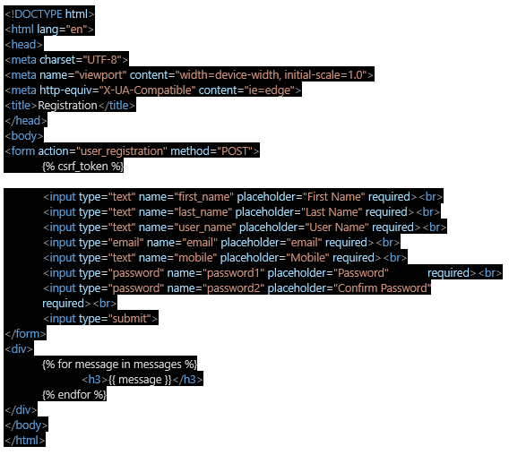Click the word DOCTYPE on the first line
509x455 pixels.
(39, 14)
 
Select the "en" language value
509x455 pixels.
(76, 30)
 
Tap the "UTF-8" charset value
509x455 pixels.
(102, 60)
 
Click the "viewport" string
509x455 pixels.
(100, 75)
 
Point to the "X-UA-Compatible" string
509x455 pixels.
(147, 90)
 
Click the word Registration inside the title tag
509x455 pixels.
(67, 106)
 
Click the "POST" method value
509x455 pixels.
(235, 151)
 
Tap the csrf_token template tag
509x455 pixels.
(82, 167)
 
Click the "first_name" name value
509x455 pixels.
(204, 197)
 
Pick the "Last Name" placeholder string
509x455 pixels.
(332, 212)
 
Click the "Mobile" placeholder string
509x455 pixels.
(307, 258)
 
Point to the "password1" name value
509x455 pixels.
(234, 273)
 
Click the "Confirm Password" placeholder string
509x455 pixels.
(383, 288)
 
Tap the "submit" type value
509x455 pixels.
(130, 319)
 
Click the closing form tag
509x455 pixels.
(25, 334)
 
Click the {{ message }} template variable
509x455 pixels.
(140, 380)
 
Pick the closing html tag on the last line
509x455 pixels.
(25, 441)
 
